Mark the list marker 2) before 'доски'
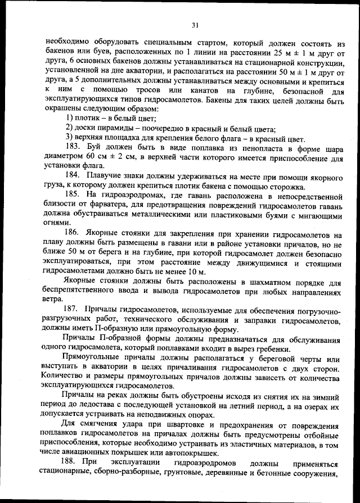click(70, 128)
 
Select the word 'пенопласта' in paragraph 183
click(253, 148)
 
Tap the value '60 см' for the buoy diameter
click(91, 158)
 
